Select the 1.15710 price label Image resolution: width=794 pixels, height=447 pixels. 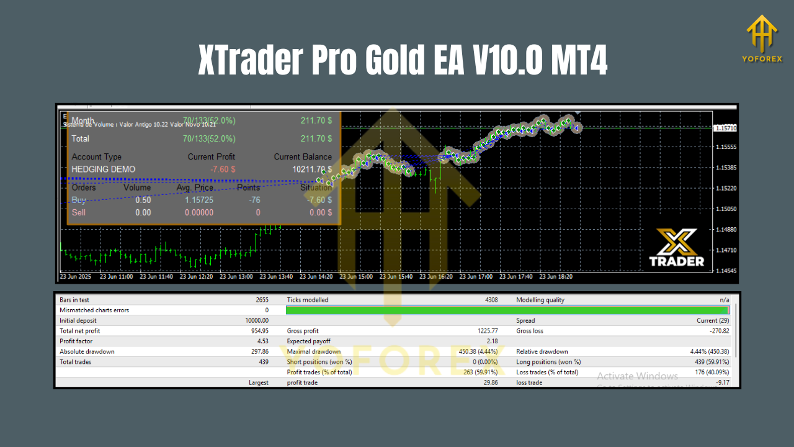point(725,128)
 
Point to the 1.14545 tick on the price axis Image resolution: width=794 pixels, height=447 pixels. point(725,271)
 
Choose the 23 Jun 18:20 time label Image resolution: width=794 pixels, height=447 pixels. point(557,277)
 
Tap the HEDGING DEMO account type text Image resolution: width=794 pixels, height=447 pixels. point(103,169)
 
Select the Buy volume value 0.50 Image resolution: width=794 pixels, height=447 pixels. point(143,200)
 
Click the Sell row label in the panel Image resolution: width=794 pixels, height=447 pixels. point(79,212)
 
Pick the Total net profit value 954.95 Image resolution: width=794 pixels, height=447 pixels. point(257,331)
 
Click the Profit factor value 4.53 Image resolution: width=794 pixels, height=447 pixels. point(262,341)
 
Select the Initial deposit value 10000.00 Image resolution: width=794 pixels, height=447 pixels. point(254,320)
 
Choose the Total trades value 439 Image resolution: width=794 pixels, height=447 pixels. point(263,361)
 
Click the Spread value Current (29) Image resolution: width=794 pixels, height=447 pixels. point(713,320)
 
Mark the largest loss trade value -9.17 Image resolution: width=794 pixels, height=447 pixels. point(722,382)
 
